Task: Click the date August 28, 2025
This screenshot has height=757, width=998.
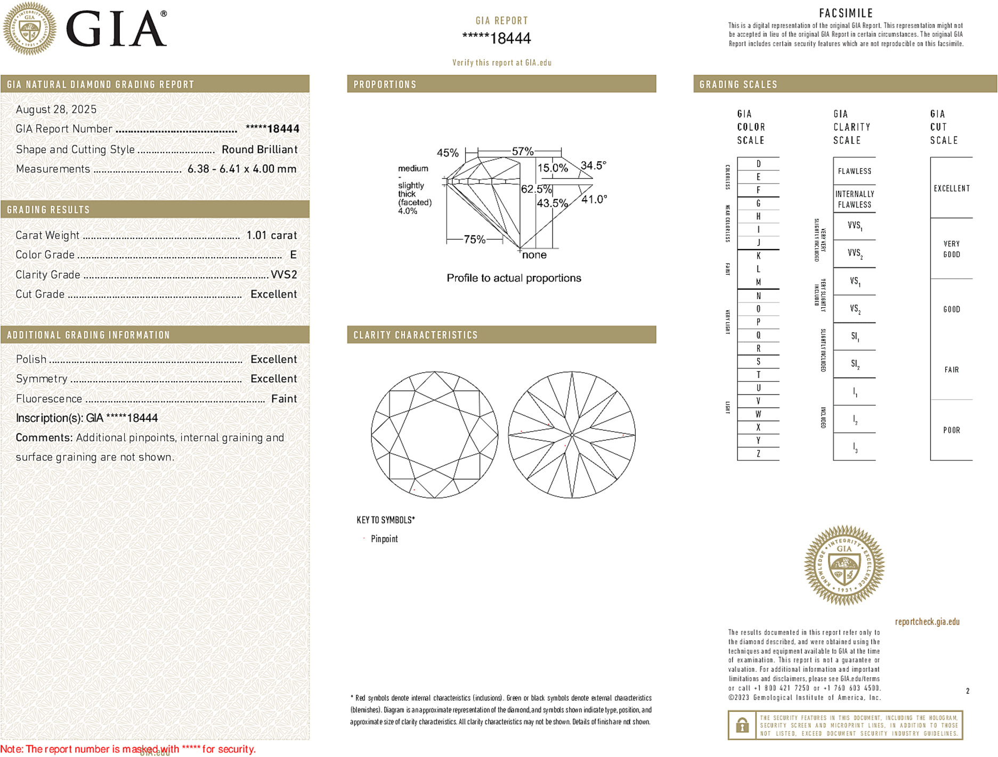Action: point(56,109)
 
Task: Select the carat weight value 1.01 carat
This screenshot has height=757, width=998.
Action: point(271,235)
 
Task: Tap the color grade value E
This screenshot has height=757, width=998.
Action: point(293,255)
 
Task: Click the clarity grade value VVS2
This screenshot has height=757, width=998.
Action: point(283,275)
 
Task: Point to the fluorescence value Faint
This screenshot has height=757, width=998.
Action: point(283,399)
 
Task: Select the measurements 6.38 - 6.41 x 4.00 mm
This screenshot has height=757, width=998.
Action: point(241,169)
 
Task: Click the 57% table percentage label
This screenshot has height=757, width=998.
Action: point(522,151)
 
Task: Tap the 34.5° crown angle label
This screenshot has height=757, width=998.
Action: point(593,166)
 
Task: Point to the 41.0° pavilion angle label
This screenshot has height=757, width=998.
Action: point(594,200)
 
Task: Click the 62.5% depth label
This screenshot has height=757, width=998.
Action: point(536,189)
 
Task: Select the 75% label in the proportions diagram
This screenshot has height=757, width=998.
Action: point(474,240)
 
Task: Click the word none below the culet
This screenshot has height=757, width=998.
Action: point(534,255)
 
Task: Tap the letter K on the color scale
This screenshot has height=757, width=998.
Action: point(758,256)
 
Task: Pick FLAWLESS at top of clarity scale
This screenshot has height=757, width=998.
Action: point(854,171)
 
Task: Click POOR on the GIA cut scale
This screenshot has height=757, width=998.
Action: point(951,430)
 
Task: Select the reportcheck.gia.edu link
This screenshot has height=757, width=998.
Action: point(927,622)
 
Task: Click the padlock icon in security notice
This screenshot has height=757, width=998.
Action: point(742,725)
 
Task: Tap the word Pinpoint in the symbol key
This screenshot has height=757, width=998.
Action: point(384,539)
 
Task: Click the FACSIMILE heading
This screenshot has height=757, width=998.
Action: point(846,13)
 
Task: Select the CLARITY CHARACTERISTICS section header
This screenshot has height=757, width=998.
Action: point(416,335)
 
